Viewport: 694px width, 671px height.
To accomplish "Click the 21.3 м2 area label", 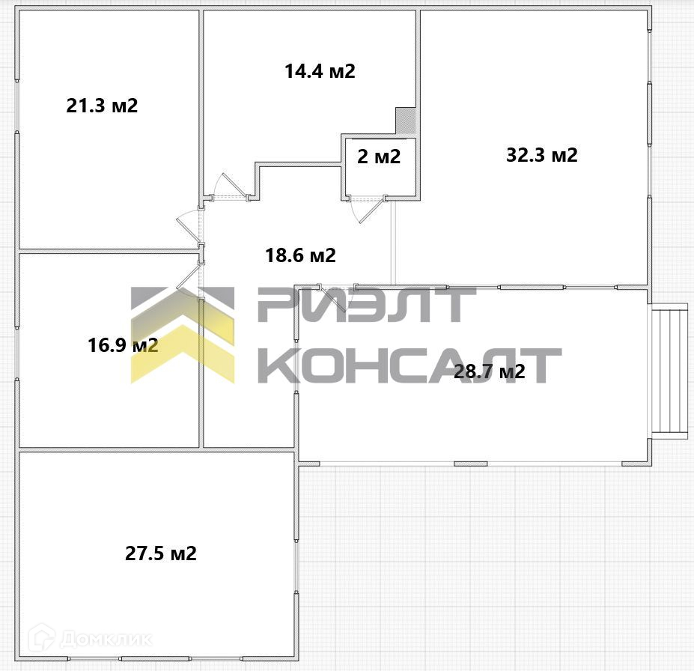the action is (x=102, y=106).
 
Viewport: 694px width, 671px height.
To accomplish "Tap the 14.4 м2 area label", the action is (x=319, y=71).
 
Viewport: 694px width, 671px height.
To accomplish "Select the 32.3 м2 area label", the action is (x=542, y=155).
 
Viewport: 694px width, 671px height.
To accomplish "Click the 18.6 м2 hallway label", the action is (x=300, y=255).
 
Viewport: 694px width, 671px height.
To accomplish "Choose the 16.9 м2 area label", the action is (x=123, y=345).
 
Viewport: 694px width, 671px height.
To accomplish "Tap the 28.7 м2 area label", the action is (x=490, y=371).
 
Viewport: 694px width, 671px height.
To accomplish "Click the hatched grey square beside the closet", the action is (x=405, y=120).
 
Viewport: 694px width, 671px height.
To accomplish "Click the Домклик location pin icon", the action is (x=43, y=639).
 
